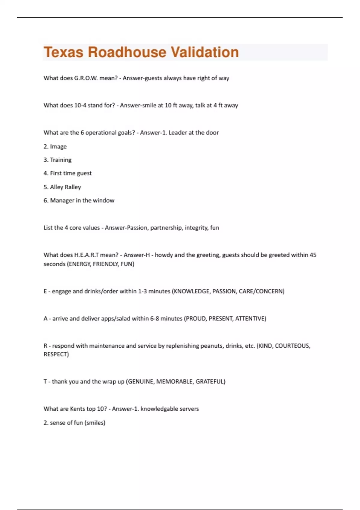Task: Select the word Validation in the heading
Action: pos(205,52)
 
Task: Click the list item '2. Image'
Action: pos(55,147)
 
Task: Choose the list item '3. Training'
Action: pos(58,160)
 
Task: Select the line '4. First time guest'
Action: pos(67,173)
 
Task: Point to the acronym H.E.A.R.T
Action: pos(86,255)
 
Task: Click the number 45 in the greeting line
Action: pos(313,255)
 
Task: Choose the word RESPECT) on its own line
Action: pos(56,354)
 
